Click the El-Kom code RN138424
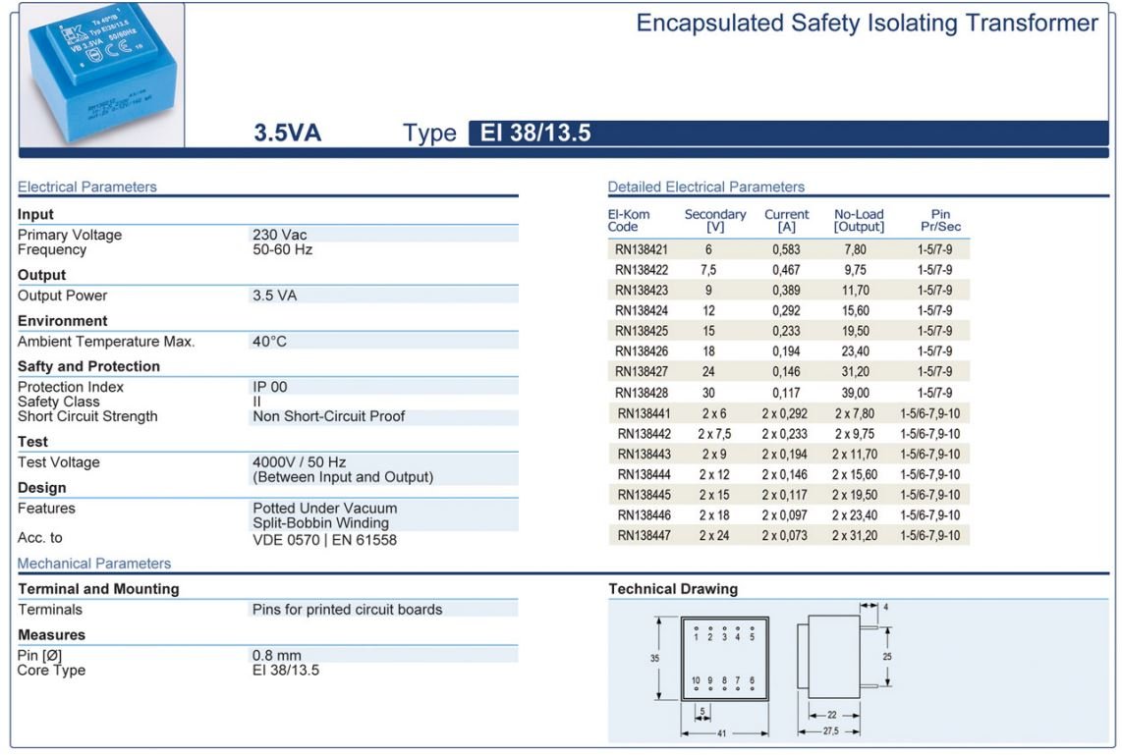click(x=642, y=310)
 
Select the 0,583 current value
click(x=786, y=249)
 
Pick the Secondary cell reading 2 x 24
click(x=713, y=536)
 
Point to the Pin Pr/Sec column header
click(x=940, y=221)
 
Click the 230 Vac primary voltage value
click(x=280, y=235)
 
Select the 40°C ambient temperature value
click(x=270, y=342)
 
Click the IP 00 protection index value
click(x=270, y=387)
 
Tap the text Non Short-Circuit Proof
click(x=328, y=416)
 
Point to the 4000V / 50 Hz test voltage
click(x=299, y=462)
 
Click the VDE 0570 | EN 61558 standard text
click(x=324, y=539)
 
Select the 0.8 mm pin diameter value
click(x=277, y=656)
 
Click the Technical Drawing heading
click(x=673, y=589)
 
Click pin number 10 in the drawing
click(x=696, y=679)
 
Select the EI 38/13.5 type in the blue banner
click(x=535, y=134)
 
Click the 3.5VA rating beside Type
click(x=288, y=134)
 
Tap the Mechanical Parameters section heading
click(x=94, y=564)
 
